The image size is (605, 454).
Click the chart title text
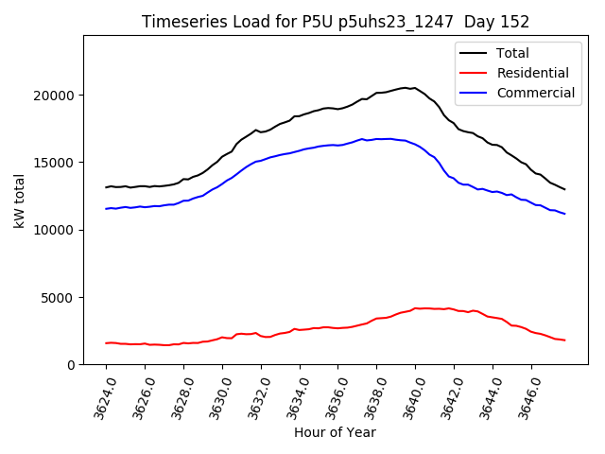tap(336, 22)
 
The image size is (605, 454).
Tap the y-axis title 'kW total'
tap(19, 201)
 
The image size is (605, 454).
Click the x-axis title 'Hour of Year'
tap(335, 432)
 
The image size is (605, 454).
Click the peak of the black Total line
tap(406, 88)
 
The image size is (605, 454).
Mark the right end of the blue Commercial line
tap(564, 214)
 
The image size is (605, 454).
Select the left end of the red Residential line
tap(106, 343)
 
